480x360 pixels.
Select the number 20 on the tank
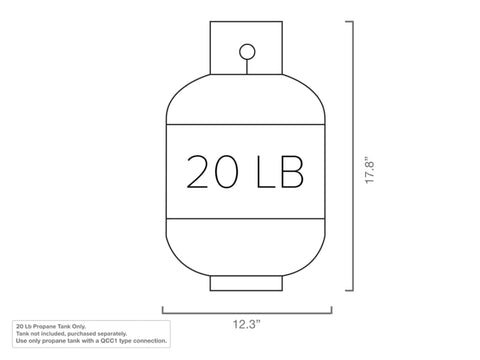point(212,172)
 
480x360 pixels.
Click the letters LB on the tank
point(280,172)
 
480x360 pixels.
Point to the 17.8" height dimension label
point(370,169)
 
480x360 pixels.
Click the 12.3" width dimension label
point(246,324)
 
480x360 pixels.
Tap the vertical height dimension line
point(353,156)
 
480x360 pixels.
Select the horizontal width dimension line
point(247,313)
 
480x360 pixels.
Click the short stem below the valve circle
point(247,67)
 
